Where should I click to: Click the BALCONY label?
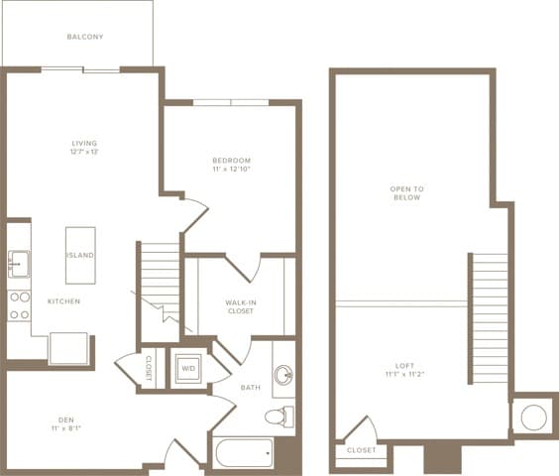(x=85, y=37)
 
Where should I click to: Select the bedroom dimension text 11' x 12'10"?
(x=231, y=171)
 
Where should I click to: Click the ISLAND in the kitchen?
(x=80, y=255)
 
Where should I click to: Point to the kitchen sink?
(x=19, y=265)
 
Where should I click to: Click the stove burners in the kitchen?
(x=18, y=304)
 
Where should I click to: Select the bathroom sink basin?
(x=283, y=376)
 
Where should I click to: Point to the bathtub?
(x=243, y=454)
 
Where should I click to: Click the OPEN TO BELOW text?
(x=406, y=192)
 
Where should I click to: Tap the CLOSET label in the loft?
(x=361, y=450)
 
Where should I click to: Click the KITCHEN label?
(x=63, y=300)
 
